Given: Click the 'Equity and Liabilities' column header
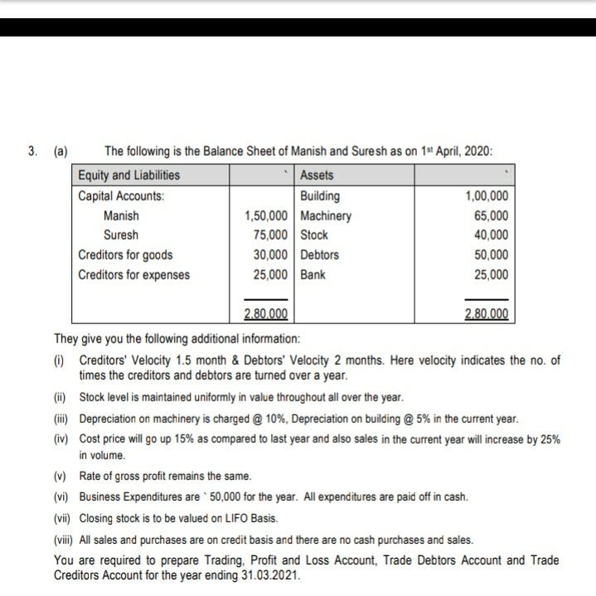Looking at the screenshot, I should pos(128,176).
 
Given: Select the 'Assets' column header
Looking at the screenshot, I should pos(317,176).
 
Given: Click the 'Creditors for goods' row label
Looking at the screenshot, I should pos(125,255).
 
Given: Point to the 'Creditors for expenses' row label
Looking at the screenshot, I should pos(133,274).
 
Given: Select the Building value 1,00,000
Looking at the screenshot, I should pos(486,196).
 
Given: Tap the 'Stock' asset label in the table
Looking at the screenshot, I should pos(314,235).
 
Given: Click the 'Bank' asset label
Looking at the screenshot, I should pos(313,274).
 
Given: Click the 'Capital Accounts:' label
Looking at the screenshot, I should pos(121,196).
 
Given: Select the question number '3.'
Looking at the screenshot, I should pos(33,152).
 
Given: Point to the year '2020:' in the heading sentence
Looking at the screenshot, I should pos(477,152).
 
